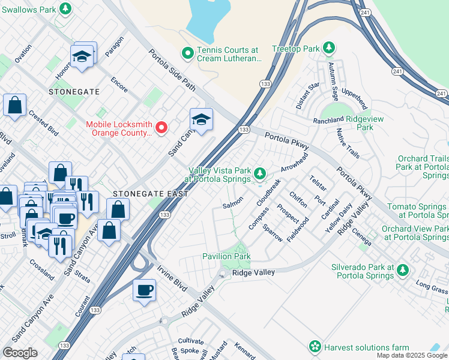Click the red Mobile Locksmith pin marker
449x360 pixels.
point(161,127)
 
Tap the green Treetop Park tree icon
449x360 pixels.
point(328,47)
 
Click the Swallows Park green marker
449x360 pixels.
point(67,8)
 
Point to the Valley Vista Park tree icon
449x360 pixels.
point(259,174)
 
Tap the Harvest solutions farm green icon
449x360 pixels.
point(314,347)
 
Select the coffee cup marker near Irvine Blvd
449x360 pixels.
point(145,290)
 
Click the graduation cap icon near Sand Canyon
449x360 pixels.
point(202,120)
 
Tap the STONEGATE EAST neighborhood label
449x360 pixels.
point(150,194)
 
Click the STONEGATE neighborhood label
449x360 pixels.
point(74,92)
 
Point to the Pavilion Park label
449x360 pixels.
point(226,256)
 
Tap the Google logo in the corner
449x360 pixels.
point(20,353)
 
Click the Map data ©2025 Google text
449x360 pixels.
point(411,355)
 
